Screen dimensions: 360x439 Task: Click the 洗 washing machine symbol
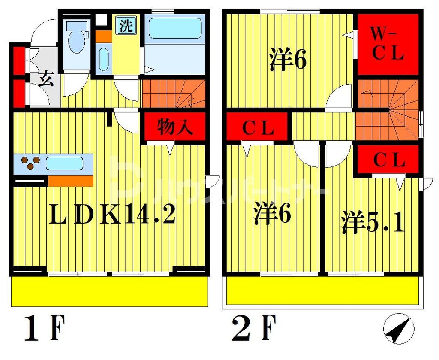[x=126, y=26]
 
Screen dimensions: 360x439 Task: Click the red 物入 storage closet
[x=174, y=127]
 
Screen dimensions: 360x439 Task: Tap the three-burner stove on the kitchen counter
[x=30, y=164]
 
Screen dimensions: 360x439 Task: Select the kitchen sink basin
[x=64, y=163]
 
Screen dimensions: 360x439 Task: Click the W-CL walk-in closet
[x=387, y=44]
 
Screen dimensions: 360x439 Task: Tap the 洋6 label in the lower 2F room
[x=272, y=213]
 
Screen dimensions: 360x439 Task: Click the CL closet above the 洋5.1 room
[x=389, y=160]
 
